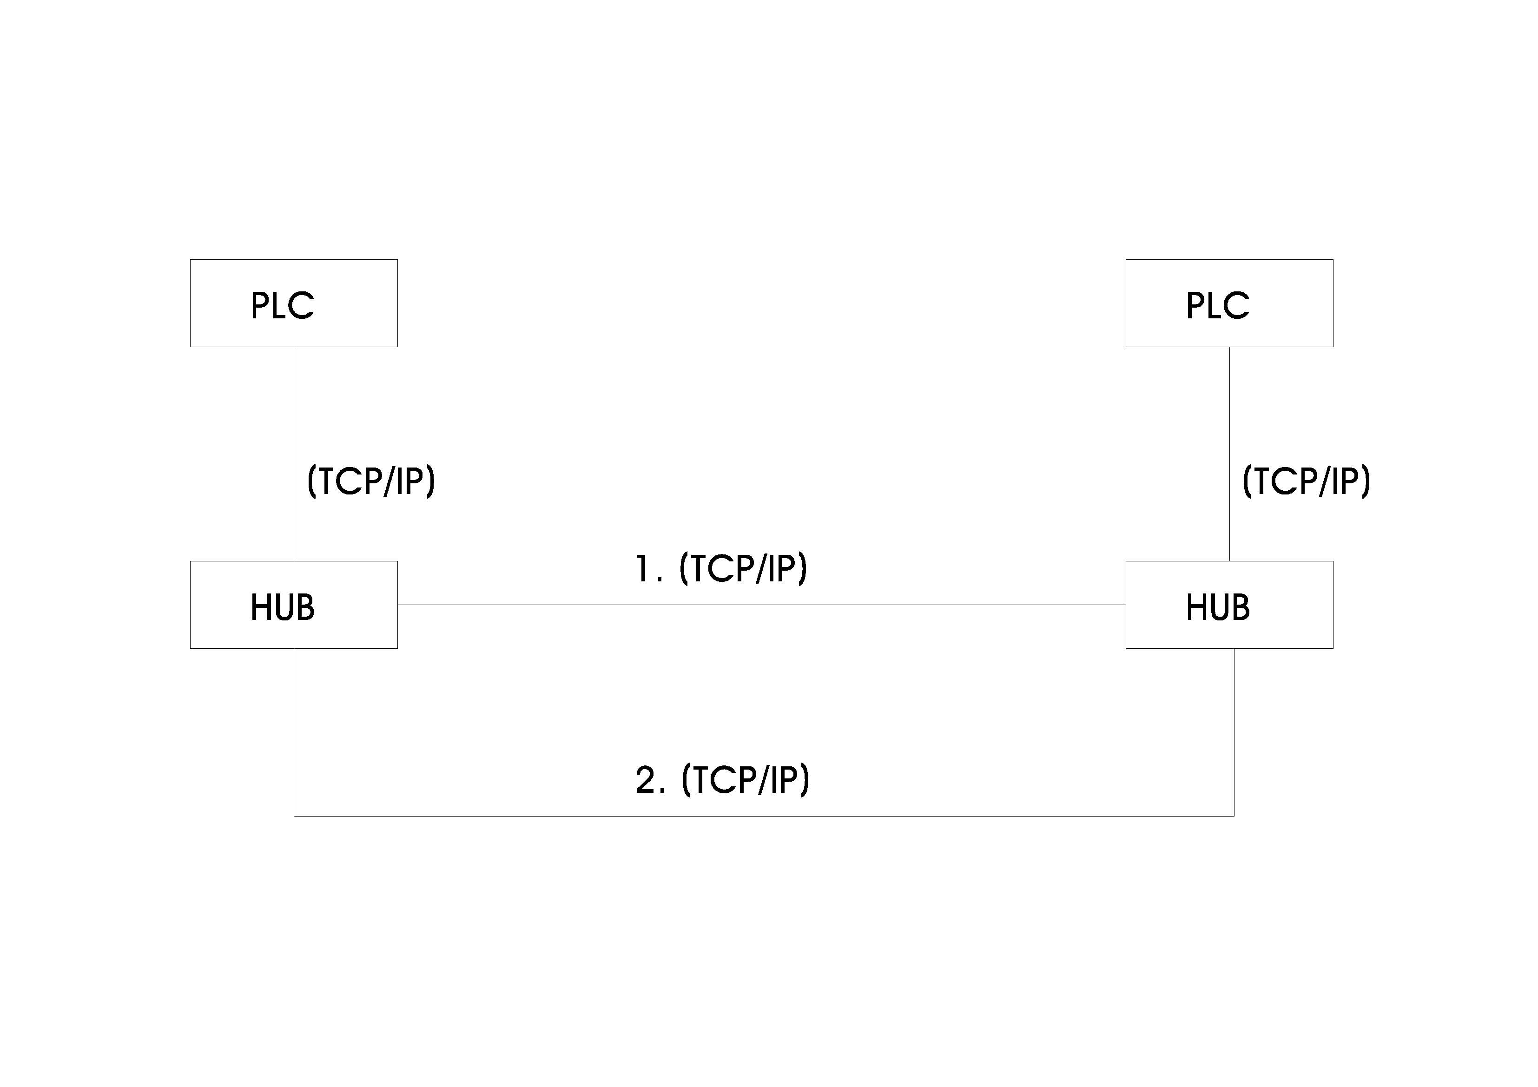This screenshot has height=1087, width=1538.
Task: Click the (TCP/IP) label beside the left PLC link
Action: (371, 481)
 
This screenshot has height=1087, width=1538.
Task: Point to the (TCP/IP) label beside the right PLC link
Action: (1306, 481)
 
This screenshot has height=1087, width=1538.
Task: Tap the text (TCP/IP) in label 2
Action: (746, 780)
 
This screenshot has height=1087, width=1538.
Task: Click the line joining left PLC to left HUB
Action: (294, 454)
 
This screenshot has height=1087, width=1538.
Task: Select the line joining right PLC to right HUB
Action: (1229, 454)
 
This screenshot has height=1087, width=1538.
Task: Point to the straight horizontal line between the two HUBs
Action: (762, 605)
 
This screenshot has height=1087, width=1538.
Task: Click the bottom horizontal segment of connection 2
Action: (764, 816)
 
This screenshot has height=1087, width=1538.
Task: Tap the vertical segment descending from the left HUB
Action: (294, 732)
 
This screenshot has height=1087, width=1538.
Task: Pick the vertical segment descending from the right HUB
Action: (1234, 732)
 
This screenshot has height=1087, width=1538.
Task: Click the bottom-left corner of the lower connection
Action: (294, 816)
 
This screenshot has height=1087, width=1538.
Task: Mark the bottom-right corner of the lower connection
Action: (1234, 816)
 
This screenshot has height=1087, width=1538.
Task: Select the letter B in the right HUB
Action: (1240, 607)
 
